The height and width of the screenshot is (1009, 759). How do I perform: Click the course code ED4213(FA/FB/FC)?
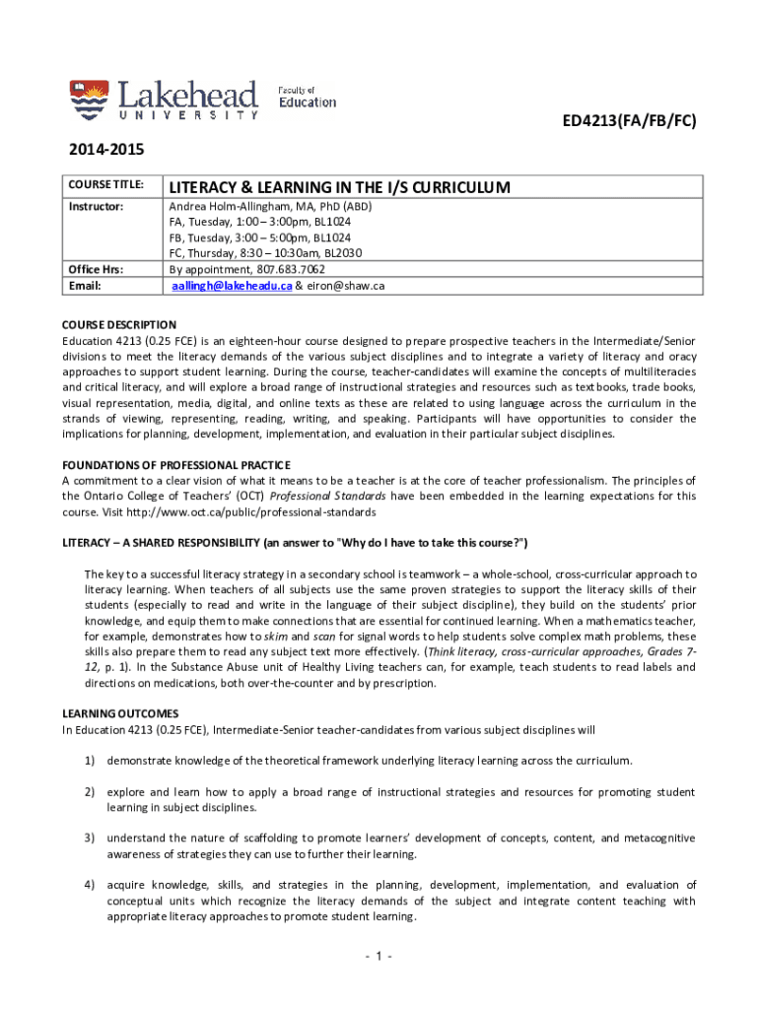coord(630,122)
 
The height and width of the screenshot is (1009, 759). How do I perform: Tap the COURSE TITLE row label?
coord(106,185)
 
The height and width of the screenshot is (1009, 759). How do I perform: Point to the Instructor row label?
coord(96,207)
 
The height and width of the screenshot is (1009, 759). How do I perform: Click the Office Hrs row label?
coord(96,269)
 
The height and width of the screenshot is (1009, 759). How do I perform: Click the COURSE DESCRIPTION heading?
coord(119,324)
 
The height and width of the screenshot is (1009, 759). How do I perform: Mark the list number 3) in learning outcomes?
coord(89,839)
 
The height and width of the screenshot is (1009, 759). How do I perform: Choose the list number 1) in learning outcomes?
coord(89,761)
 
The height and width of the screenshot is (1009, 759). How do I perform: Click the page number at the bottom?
coord(379,957)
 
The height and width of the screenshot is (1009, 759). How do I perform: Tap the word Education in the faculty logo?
coord(307,101)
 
